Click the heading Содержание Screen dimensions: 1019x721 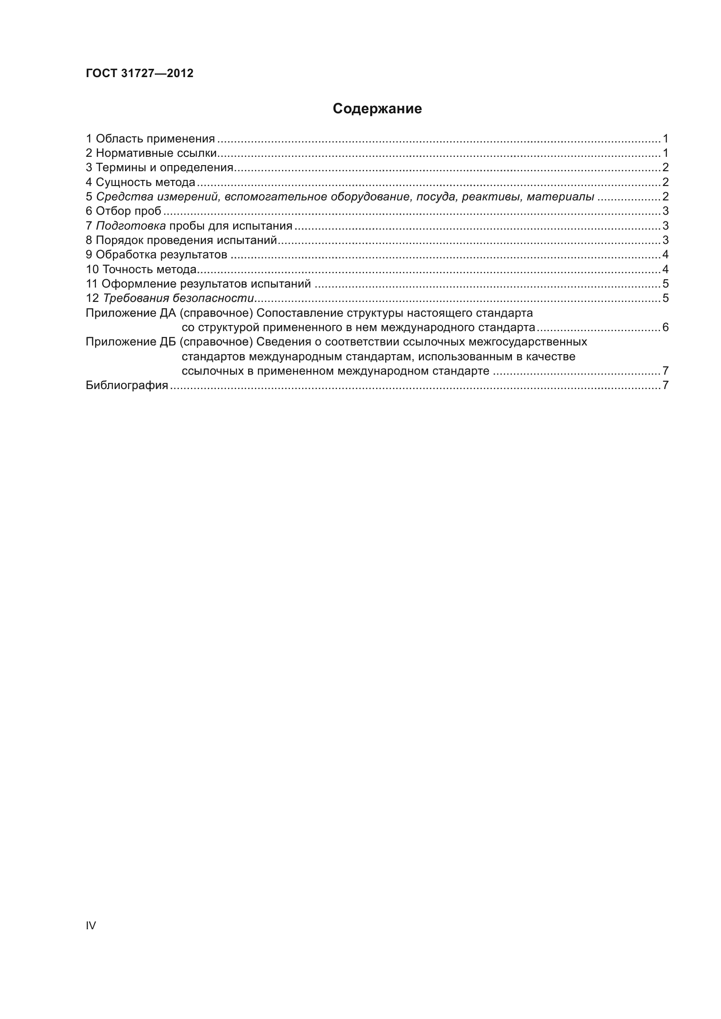(377, 109)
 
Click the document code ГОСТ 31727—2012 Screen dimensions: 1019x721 (139, 73)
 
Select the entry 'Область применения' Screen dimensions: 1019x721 (155, 139)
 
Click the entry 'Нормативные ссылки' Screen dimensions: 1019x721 (156, 153)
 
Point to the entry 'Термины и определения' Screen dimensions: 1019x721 (164, 167)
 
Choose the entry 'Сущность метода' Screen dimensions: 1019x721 (145, 182)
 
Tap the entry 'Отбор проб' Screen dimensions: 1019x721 (128, 211)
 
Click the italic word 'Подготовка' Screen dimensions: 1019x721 (130, 226)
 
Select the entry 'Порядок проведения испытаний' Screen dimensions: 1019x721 (186, 240)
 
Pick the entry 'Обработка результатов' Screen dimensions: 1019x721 (161, 254)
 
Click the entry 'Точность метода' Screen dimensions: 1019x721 (149, 269)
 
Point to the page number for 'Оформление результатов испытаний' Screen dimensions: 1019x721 (665, 284)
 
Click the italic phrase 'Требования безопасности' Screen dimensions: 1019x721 (178, 298)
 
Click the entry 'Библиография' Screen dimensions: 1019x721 (127, 385)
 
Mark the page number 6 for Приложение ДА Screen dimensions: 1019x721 (665, 328)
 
